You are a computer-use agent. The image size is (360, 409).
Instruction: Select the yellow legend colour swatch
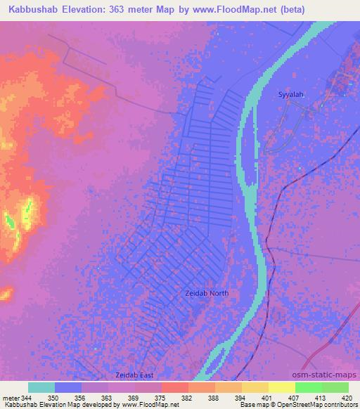coord(281,387)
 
